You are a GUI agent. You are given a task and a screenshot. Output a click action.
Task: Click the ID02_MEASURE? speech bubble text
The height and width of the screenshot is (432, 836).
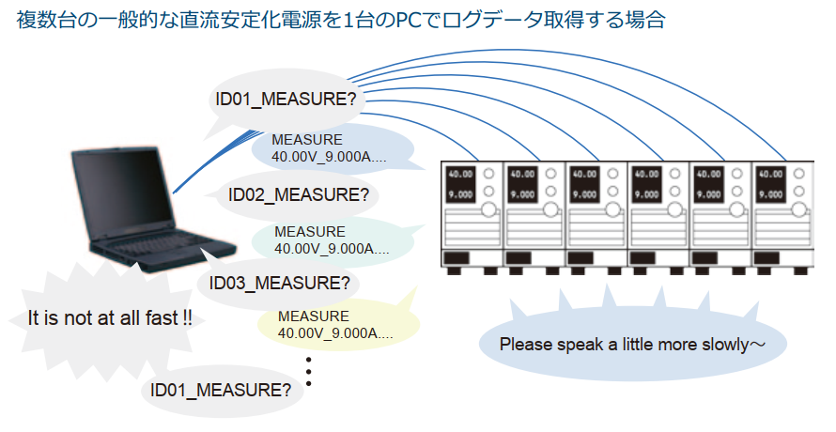298,195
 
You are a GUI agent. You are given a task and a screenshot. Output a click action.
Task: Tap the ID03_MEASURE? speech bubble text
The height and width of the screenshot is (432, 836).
279,283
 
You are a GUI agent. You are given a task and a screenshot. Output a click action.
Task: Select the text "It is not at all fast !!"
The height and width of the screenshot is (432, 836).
110,318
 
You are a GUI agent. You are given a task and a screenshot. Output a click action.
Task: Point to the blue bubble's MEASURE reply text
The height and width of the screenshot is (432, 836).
329,148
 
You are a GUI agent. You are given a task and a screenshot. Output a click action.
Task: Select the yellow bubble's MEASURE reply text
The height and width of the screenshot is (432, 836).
335,325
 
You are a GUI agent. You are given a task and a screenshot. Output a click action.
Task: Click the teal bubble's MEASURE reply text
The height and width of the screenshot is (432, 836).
332,240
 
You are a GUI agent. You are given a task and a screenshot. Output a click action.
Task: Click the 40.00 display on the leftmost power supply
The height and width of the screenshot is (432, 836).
460,175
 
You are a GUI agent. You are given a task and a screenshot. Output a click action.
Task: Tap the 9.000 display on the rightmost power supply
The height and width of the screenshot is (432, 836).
771,194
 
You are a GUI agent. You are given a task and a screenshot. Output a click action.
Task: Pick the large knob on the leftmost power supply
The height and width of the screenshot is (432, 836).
488,210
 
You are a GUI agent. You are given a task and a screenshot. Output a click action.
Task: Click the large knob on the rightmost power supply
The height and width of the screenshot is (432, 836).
798,210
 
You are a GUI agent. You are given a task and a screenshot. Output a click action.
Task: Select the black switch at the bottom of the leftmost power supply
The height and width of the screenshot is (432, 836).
457,258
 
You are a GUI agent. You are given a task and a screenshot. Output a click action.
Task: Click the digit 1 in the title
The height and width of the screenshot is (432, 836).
348,21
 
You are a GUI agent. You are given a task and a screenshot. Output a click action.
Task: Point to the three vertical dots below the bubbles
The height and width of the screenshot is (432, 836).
309,372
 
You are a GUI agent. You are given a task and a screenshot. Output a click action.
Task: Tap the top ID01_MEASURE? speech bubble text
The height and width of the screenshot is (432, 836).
286,100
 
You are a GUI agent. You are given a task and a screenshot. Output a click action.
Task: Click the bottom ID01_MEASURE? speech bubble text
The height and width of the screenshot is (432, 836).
221,391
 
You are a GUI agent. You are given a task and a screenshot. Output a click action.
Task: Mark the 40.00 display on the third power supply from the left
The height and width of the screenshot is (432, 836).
584,175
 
